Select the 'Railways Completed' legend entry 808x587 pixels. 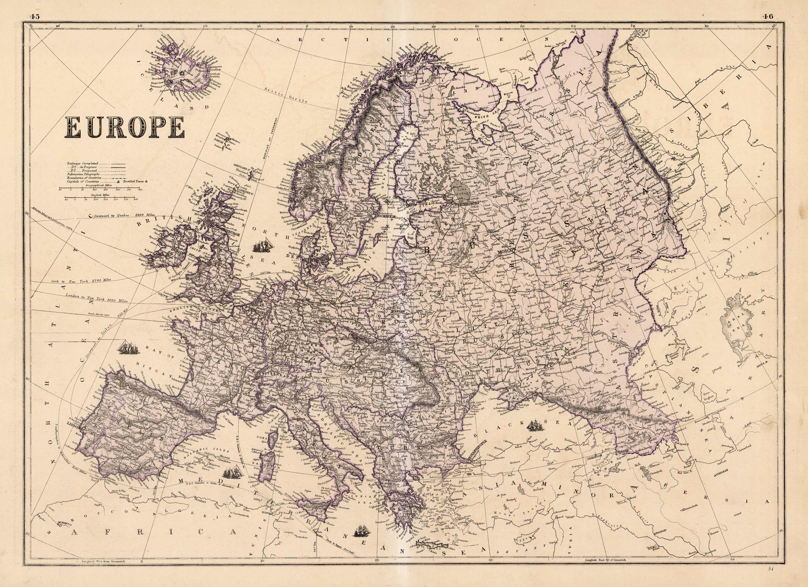pos(82,163)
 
